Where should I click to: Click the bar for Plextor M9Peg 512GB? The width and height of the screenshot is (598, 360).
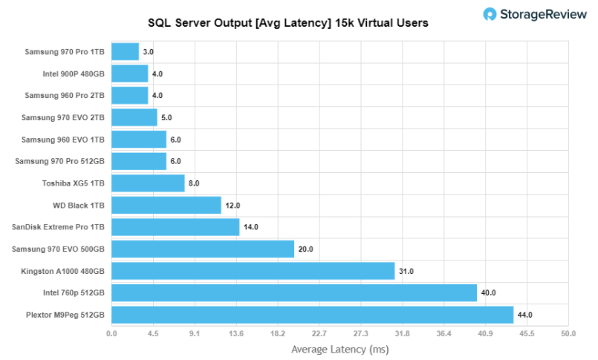click(312, 315)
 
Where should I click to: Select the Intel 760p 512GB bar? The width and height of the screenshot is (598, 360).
click(294, 292)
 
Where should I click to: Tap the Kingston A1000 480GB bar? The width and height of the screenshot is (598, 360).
click(253, 271)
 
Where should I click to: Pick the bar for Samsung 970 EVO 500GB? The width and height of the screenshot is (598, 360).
click(203, 249)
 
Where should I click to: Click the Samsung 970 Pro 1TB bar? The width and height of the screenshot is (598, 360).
click(125, 51)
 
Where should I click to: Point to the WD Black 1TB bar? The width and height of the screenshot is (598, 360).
click(166, 205)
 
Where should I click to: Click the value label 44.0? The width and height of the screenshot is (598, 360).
click(525, 315)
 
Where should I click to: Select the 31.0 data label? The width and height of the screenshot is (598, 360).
click(406, 272)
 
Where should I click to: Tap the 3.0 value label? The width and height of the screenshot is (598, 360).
click(148, 52)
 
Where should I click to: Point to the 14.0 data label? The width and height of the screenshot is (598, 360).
click(251, 227)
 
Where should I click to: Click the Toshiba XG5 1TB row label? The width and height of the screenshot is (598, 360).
click(74, 183)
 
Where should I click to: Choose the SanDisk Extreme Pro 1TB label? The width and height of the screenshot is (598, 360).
click(59, 227)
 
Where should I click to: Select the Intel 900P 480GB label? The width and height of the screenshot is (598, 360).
click(74, 73)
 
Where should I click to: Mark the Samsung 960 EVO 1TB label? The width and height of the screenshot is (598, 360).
click(63, 140)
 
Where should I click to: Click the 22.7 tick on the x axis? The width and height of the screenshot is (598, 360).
click(319, 334)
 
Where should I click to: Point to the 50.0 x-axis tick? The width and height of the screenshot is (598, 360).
click(568, 334)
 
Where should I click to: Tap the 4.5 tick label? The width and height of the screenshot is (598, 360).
click(153, 334)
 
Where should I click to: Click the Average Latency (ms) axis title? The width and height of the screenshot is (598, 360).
click(339, 349)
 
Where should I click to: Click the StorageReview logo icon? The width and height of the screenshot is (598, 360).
click(490, 14)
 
